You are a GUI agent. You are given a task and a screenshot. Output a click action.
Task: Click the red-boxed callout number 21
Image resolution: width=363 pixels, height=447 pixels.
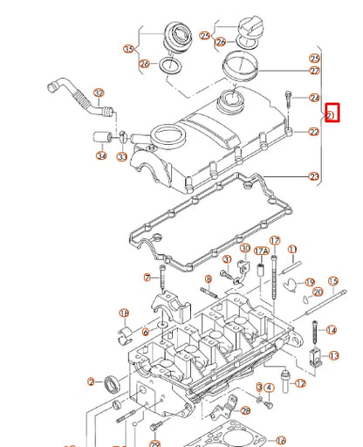point(331,114)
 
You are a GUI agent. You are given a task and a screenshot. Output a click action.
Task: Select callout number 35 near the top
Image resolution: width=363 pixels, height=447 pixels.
point(132,49)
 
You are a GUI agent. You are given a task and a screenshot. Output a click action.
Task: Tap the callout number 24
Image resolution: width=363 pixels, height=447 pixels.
point(315,98)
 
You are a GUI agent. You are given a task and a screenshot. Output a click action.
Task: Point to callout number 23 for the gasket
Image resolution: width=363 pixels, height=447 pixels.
point(314,176)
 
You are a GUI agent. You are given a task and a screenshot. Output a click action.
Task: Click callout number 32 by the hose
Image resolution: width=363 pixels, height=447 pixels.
point(98,93)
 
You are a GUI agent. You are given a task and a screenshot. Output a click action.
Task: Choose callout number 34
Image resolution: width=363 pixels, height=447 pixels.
point(102,156)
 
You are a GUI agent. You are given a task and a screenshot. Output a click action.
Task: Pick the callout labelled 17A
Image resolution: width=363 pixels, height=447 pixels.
point(259,251)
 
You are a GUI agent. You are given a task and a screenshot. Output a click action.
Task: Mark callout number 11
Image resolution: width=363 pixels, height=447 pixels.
point(292,249)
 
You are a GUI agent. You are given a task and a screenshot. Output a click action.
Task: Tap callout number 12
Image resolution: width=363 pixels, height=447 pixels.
point(300,383)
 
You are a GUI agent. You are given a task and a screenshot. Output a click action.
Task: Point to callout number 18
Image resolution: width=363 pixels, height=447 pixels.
point(124,313)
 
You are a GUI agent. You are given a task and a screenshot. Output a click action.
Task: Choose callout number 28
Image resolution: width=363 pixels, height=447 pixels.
point(245,409)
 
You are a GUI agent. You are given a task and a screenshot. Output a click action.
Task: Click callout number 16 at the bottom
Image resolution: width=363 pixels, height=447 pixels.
point(280,440)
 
